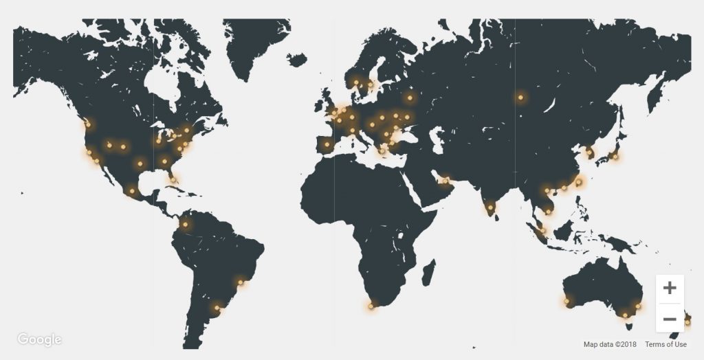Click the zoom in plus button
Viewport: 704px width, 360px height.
pos(670,288)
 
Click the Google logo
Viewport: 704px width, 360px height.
pos(40,339)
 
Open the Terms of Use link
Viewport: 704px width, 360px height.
pos(665,344)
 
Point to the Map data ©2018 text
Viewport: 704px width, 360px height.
pos(610,344)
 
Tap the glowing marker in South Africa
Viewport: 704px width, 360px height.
pos(372,306)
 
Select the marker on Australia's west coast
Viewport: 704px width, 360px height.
pos(567,301)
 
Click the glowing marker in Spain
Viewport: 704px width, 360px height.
pos(327,144)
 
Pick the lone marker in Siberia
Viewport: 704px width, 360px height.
pos(520,98)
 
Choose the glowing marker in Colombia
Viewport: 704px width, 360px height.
pos(184,224)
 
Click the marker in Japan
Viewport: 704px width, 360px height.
pos(615,156)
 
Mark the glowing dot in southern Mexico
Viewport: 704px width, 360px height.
pos(132,191)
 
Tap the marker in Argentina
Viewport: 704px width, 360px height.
pos(219,307)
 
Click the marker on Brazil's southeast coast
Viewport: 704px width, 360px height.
pos(241,281)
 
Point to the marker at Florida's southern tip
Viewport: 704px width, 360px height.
pos(173,180)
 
